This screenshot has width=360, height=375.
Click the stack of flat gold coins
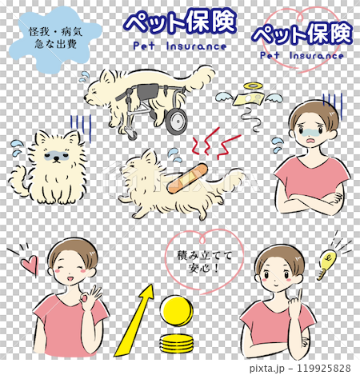point(178,345)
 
